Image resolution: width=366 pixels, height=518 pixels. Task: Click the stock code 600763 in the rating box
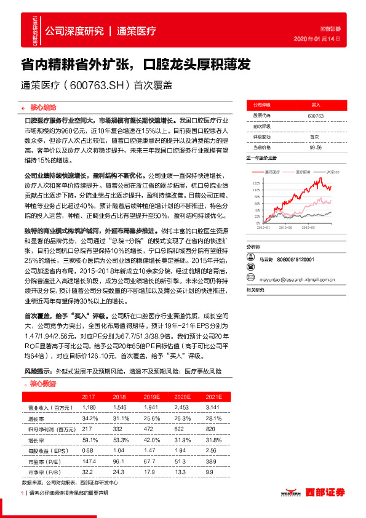click(x=315, y=116)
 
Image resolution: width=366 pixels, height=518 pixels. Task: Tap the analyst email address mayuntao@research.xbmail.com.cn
click(x=299, y=278)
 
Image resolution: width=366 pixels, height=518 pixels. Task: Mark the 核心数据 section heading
click(x=43, y=383)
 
